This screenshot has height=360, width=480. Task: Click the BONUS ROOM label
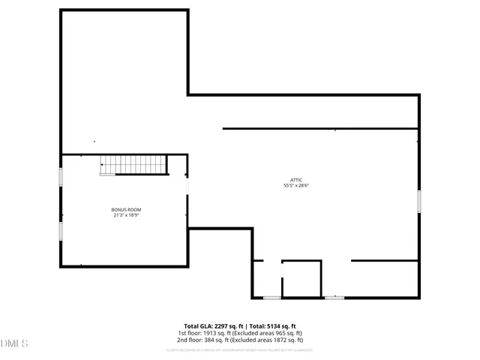pyautogui.click(x=127, y=209)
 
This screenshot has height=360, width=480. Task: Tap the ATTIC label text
pyautogui.click(x=297, y=179)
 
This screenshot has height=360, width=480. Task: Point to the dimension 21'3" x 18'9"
pyautogui.click(x=127, y=215)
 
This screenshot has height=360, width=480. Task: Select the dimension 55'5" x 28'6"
pyautogui.click(x=297, y=185)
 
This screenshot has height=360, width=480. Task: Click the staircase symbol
pyautogui.click(x=133, y=164)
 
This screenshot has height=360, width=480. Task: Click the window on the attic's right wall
pyautogui.click(x=419, y=200)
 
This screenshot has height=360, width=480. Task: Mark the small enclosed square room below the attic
pyautogui.click(x=301, y=278)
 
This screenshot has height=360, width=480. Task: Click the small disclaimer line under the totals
pyautogui.click(x=240, y=349)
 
